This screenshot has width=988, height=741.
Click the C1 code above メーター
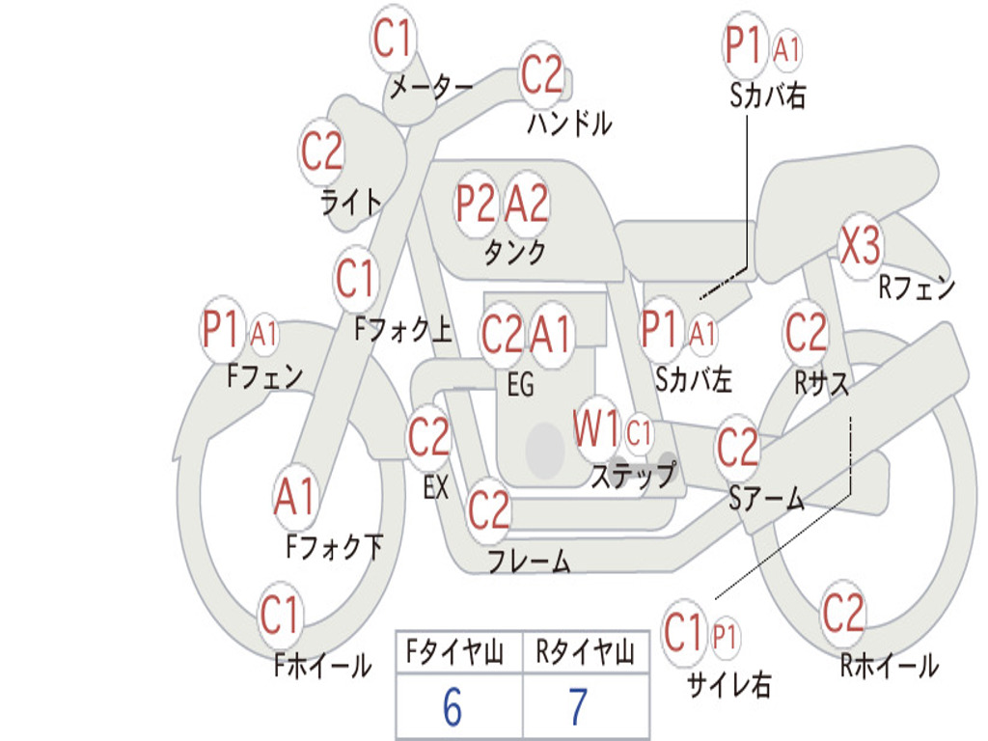tap(394, 40)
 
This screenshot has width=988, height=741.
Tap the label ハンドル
tap(569, 123)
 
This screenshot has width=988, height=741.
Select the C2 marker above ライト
tap(322, 151)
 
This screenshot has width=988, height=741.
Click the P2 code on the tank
tap(476, 204)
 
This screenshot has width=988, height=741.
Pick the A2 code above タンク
tap(527, 204)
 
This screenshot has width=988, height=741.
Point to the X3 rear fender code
tap(860, 247)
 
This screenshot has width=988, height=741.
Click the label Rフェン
tap(917, 287)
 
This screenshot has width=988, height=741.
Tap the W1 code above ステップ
tap(596, 429)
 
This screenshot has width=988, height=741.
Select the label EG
tap(520, 385)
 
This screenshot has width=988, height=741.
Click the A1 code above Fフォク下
tap(294, 498)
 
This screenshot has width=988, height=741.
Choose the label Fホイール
tap(323, 665)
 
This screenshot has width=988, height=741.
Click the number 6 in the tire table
tap(453, 708)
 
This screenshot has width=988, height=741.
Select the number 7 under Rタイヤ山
tap(578, 708)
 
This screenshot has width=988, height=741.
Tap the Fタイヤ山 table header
tap(453, 654)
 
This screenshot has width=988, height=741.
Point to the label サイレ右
tap(728, 684)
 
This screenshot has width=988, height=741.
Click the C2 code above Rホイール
tap(843, 613)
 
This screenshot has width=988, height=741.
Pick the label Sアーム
tap(766, 498)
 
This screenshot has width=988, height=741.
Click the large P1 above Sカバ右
tap(745, 46)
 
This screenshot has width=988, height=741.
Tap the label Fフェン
tap(265, 375)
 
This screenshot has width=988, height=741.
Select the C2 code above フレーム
tap(488, 508)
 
